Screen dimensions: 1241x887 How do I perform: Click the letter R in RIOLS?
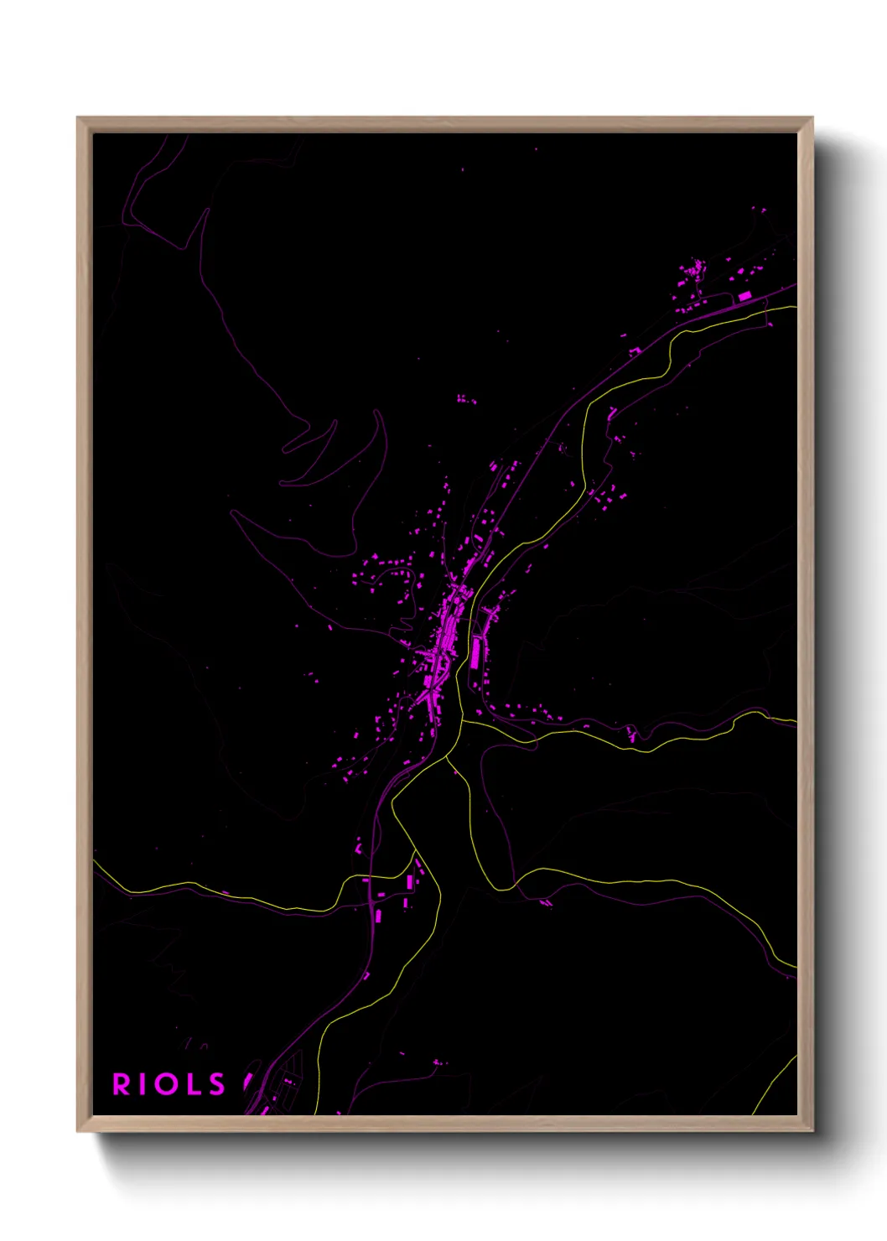point(122,1084)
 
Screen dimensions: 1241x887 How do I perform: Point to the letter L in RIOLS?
point(193,1084)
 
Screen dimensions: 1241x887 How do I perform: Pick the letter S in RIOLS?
point(217,1084)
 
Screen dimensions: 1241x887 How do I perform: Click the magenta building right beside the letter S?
point(248,1083)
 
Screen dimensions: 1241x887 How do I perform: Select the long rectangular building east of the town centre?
point(475,652)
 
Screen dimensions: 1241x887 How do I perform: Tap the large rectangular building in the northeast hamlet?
point(744,296)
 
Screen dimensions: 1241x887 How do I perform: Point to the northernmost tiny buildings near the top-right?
point(759,210)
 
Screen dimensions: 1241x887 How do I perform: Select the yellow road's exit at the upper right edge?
point(795,307)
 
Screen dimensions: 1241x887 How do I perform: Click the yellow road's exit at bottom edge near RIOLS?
point(315,1113)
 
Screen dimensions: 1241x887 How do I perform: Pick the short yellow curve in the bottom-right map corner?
point(775,1085)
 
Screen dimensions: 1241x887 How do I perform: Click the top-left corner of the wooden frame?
point(78,118)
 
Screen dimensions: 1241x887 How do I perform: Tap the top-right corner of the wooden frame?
point(812,118)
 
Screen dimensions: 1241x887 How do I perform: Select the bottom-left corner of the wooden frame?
point(78,1131)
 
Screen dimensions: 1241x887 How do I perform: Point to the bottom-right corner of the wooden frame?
point(812,1131)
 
